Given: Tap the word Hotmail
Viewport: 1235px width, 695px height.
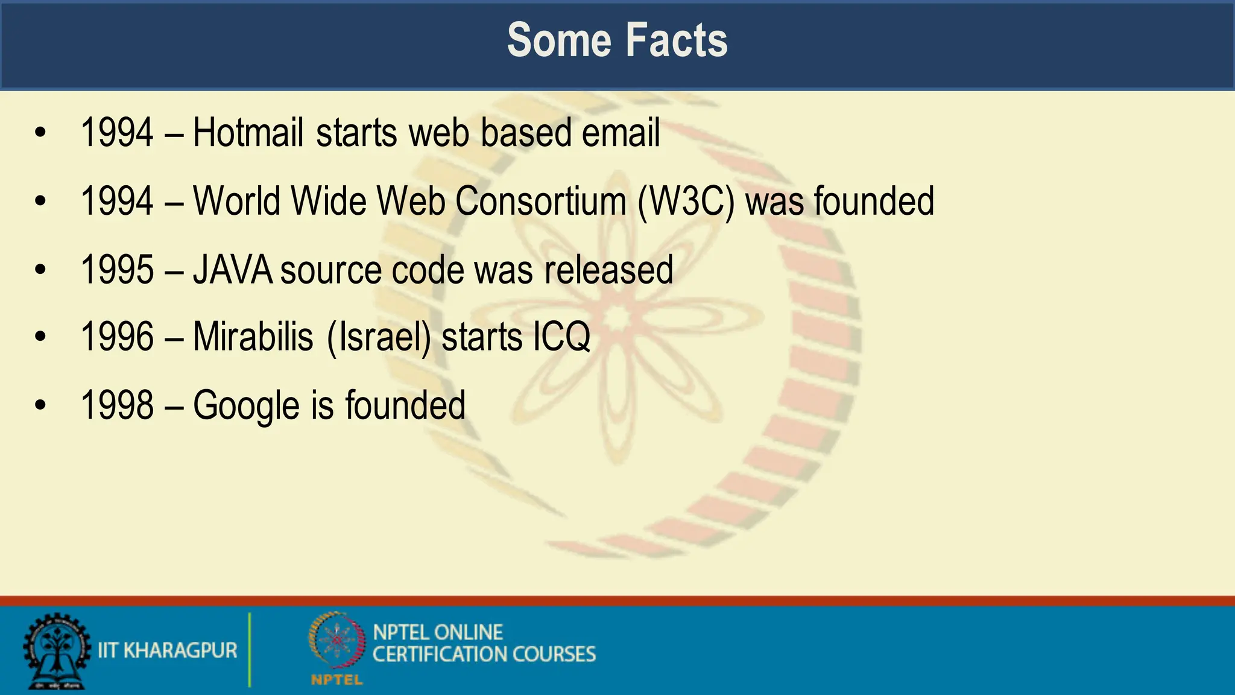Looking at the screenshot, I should click(247, 133).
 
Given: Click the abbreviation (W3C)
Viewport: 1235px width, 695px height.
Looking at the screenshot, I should click(686, 202).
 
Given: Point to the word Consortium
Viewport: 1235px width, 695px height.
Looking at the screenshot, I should click(540, 202).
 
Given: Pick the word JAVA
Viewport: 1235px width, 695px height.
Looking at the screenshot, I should click(233, 270).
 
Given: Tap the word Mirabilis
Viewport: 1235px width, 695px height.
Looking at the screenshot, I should click(253, 337).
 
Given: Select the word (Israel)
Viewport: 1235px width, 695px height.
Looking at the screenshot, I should click(379, 338).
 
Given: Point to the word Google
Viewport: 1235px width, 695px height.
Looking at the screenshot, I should click(246, 406).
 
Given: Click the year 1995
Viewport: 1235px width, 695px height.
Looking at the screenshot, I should click(117, 270).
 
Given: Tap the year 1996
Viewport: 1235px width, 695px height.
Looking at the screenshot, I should click(117, 337).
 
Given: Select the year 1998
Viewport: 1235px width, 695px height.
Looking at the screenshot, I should click(117, 405).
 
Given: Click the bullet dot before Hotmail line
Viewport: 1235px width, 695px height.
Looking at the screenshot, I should click(40, 133).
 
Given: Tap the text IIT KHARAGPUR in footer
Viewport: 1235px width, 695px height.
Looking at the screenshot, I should click(168, 650).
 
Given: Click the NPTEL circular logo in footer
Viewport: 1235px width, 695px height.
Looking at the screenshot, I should click(336, 642).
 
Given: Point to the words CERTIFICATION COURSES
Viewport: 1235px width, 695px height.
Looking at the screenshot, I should click(484, 655).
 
